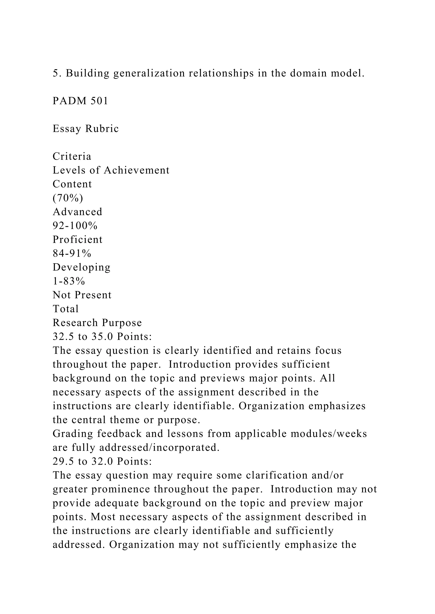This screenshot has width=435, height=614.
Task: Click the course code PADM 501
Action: [x=80, y=101]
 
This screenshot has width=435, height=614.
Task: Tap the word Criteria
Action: [x=72, y=156]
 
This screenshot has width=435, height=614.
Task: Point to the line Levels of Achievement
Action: [x=111, y=170]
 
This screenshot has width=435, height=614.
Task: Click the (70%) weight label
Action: [x=68, y=198]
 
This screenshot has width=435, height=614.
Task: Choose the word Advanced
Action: [x=77, y=212]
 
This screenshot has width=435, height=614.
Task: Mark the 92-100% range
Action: [x=75, y=226]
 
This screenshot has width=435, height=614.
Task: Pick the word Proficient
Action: [x=77, y=240]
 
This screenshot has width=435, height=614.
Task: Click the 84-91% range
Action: [x=72, y=253]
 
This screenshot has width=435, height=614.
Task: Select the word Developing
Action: [x=81, y=267]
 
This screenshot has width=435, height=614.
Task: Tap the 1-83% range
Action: [x=69, y=281]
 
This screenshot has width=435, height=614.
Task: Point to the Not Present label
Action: [x=82, y=295]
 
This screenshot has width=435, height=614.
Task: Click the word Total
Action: [x=66, y=309]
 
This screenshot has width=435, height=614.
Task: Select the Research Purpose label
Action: [x=97, y=323]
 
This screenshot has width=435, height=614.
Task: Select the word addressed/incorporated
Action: [x=159, y=448]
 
